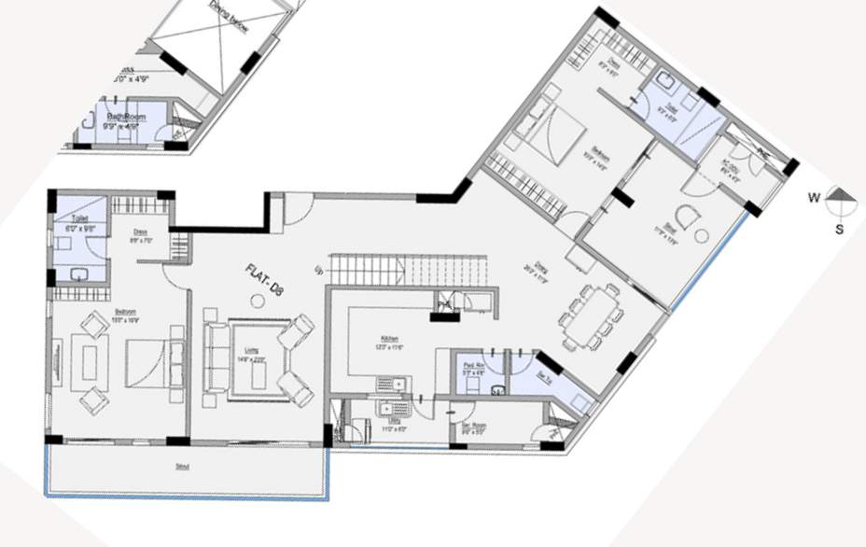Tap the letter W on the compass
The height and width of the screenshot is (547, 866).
pos(814,198)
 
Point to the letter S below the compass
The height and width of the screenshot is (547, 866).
pos(839,229)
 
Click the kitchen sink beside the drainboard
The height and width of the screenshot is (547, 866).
pos(396,382)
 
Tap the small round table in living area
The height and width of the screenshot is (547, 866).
pos(256,300)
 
